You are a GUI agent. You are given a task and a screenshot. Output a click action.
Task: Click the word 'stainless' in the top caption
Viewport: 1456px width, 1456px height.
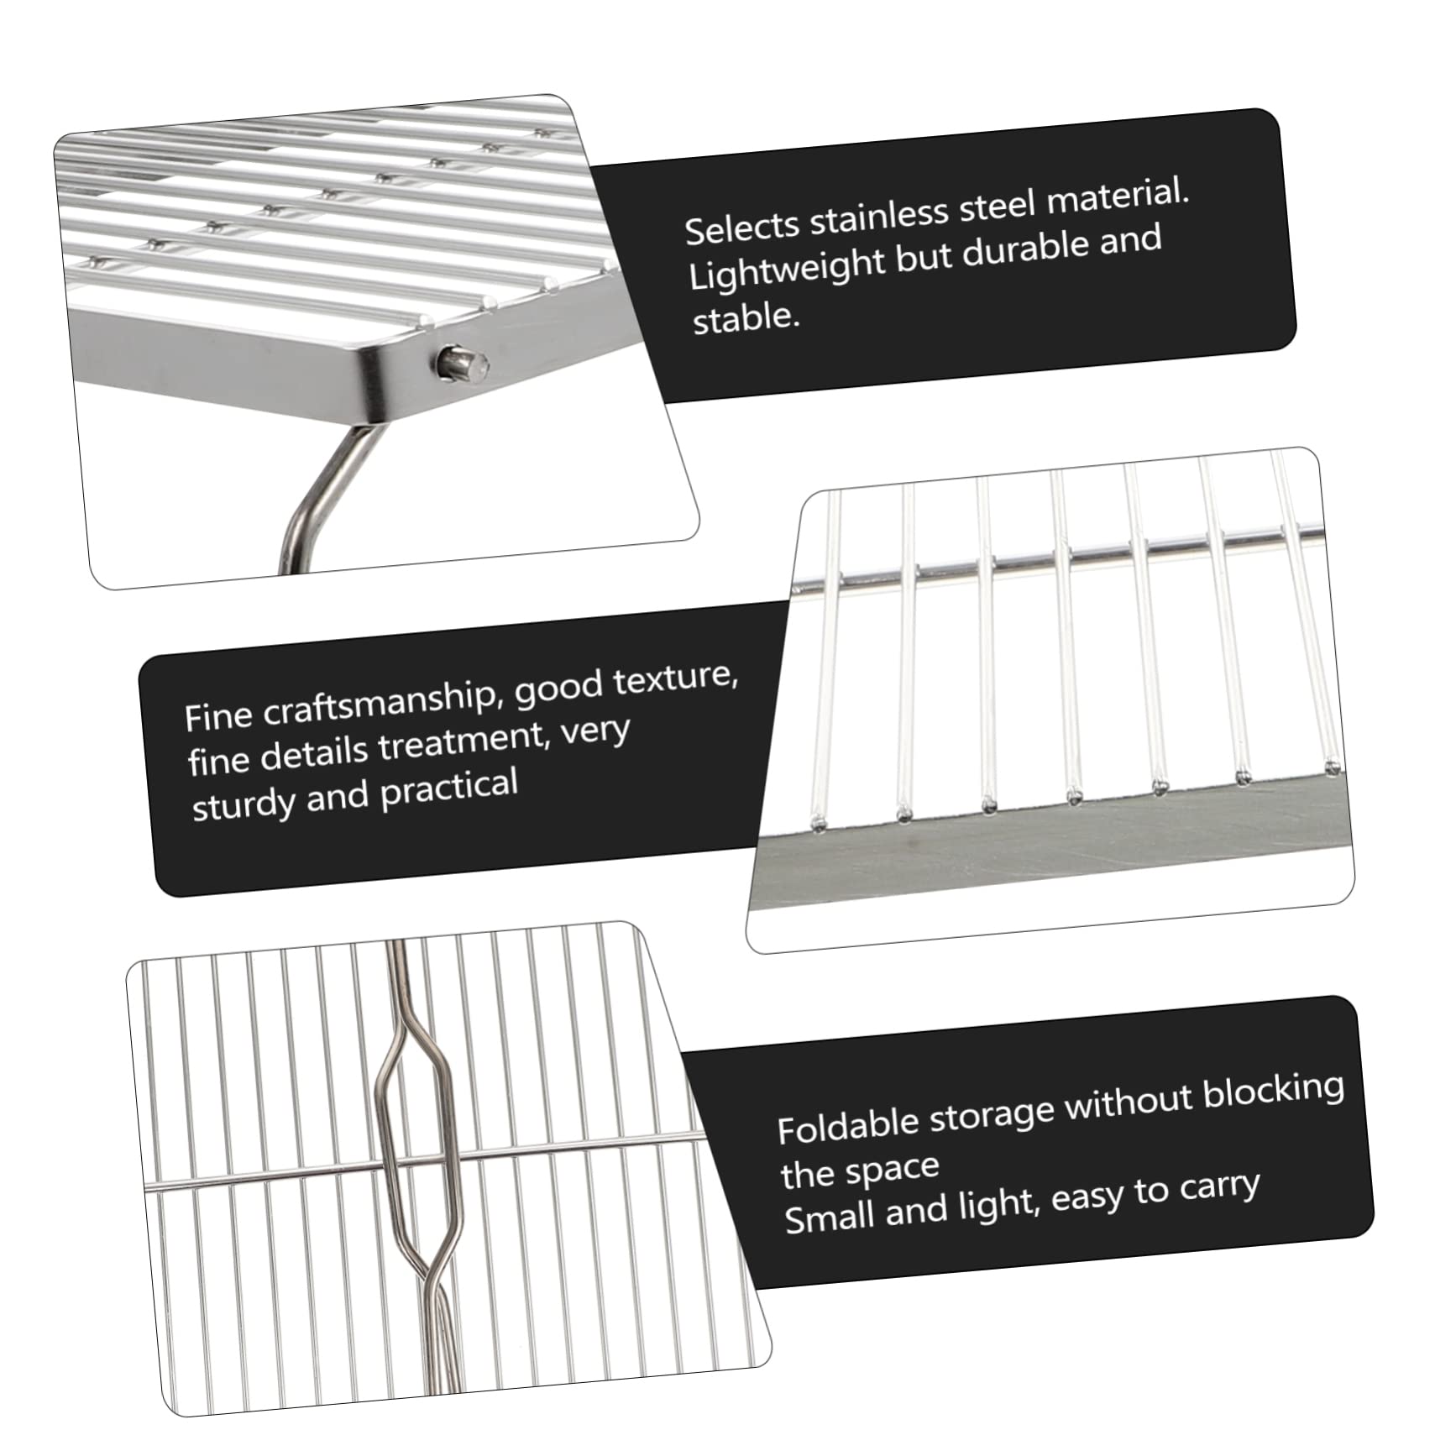[878, 217]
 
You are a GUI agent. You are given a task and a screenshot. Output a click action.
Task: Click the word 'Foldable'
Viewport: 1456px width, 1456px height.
[835, 1126]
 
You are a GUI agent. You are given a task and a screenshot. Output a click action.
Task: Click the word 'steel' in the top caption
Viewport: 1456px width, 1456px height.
[996, 207]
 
